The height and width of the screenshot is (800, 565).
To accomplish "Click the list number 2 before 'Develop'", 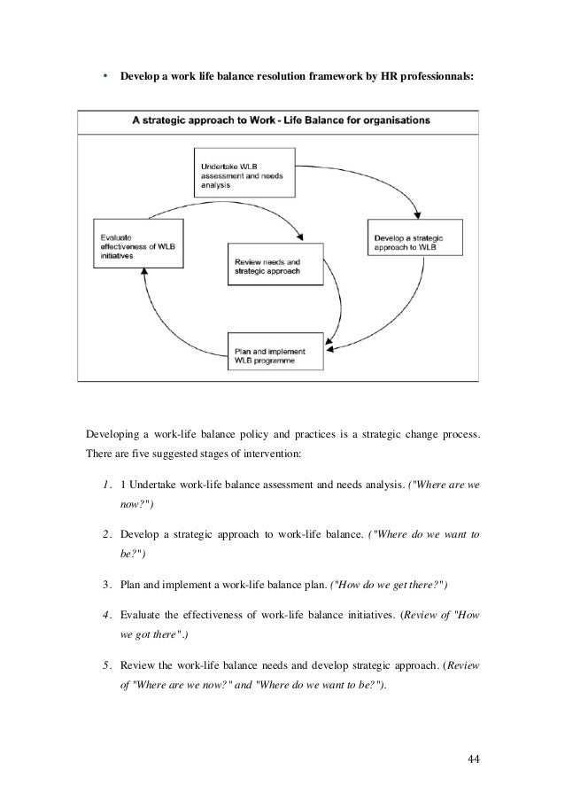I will click(106, 535).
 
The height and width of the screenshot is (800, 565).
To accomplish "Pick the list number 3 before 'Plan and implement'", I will click(106, 586).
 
